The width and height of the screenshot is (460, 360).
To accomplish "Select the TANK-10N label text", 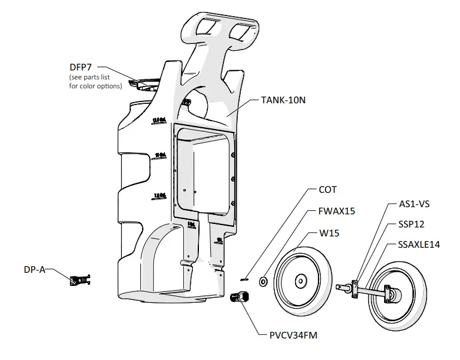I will [283, 100].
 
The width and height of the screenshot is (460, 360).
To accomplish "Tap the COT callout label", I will [327, 189].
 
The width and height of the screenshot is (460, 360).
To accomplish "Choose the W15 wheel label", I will [329, 233].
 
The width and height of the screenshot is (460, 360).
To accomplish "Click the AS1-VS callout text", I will [413, 204].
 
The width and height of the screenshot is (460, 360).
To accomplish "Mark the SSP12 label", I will [412, 224].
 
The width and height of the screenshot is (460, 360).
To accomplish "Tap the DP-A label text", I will [34, 269].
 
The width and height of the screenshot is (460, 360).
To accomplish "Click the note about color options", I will [96, 82].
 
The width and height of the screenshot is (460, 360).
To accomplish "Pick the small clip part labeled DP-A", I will [80, 280].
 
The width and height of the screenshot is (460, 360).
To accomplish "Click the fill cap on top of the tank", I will [146, 84].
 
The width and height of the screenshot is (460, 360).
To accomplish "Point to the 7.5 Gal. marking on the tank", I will [160, 196].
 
